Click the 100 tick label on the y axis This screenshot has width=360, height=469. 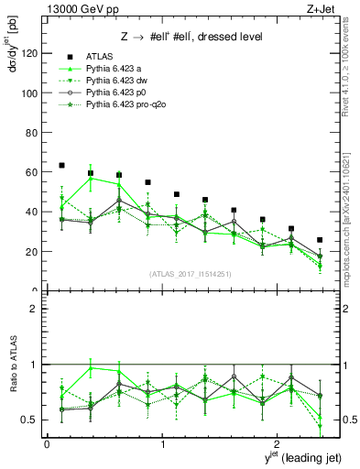[x=30, y=93]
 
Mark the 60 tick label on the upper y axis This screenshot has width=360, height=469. [x=33, y=172]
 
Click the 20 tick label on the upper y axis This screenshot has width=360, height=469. [x=33, y=251]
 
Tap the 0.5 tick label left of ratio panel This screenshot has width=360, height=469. [x=31, y=420]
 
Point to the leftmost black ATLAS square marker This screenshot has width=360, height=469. [x=61, y=165]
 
